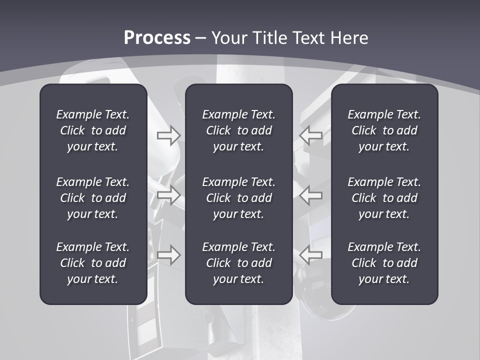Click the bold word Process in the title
157,38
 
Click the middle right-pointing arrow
169,195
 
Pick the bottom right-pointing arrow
169,255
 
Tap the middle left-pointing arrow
311,195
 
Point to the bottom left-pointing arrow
311,255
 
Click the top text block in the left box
93,130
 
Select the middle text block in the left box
93,198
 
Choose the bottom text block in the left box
93,263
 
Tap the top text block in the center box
239,130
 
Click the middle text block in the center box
239,198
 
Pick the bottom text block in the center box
239,263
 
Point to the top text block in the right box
384,130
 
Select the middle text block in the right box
384,198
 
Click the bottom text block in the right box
384,263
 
